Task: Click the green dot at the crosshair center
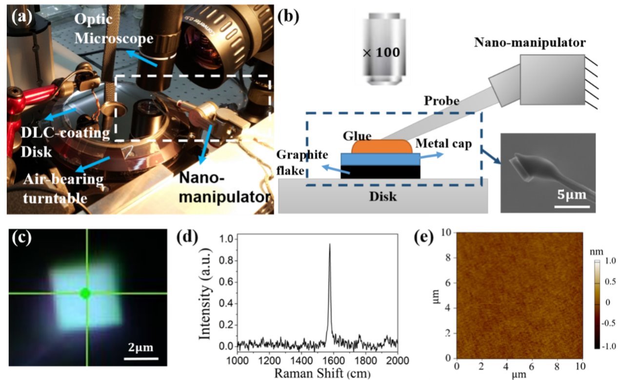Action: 85,293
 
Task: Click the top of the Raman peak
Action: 330,244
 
